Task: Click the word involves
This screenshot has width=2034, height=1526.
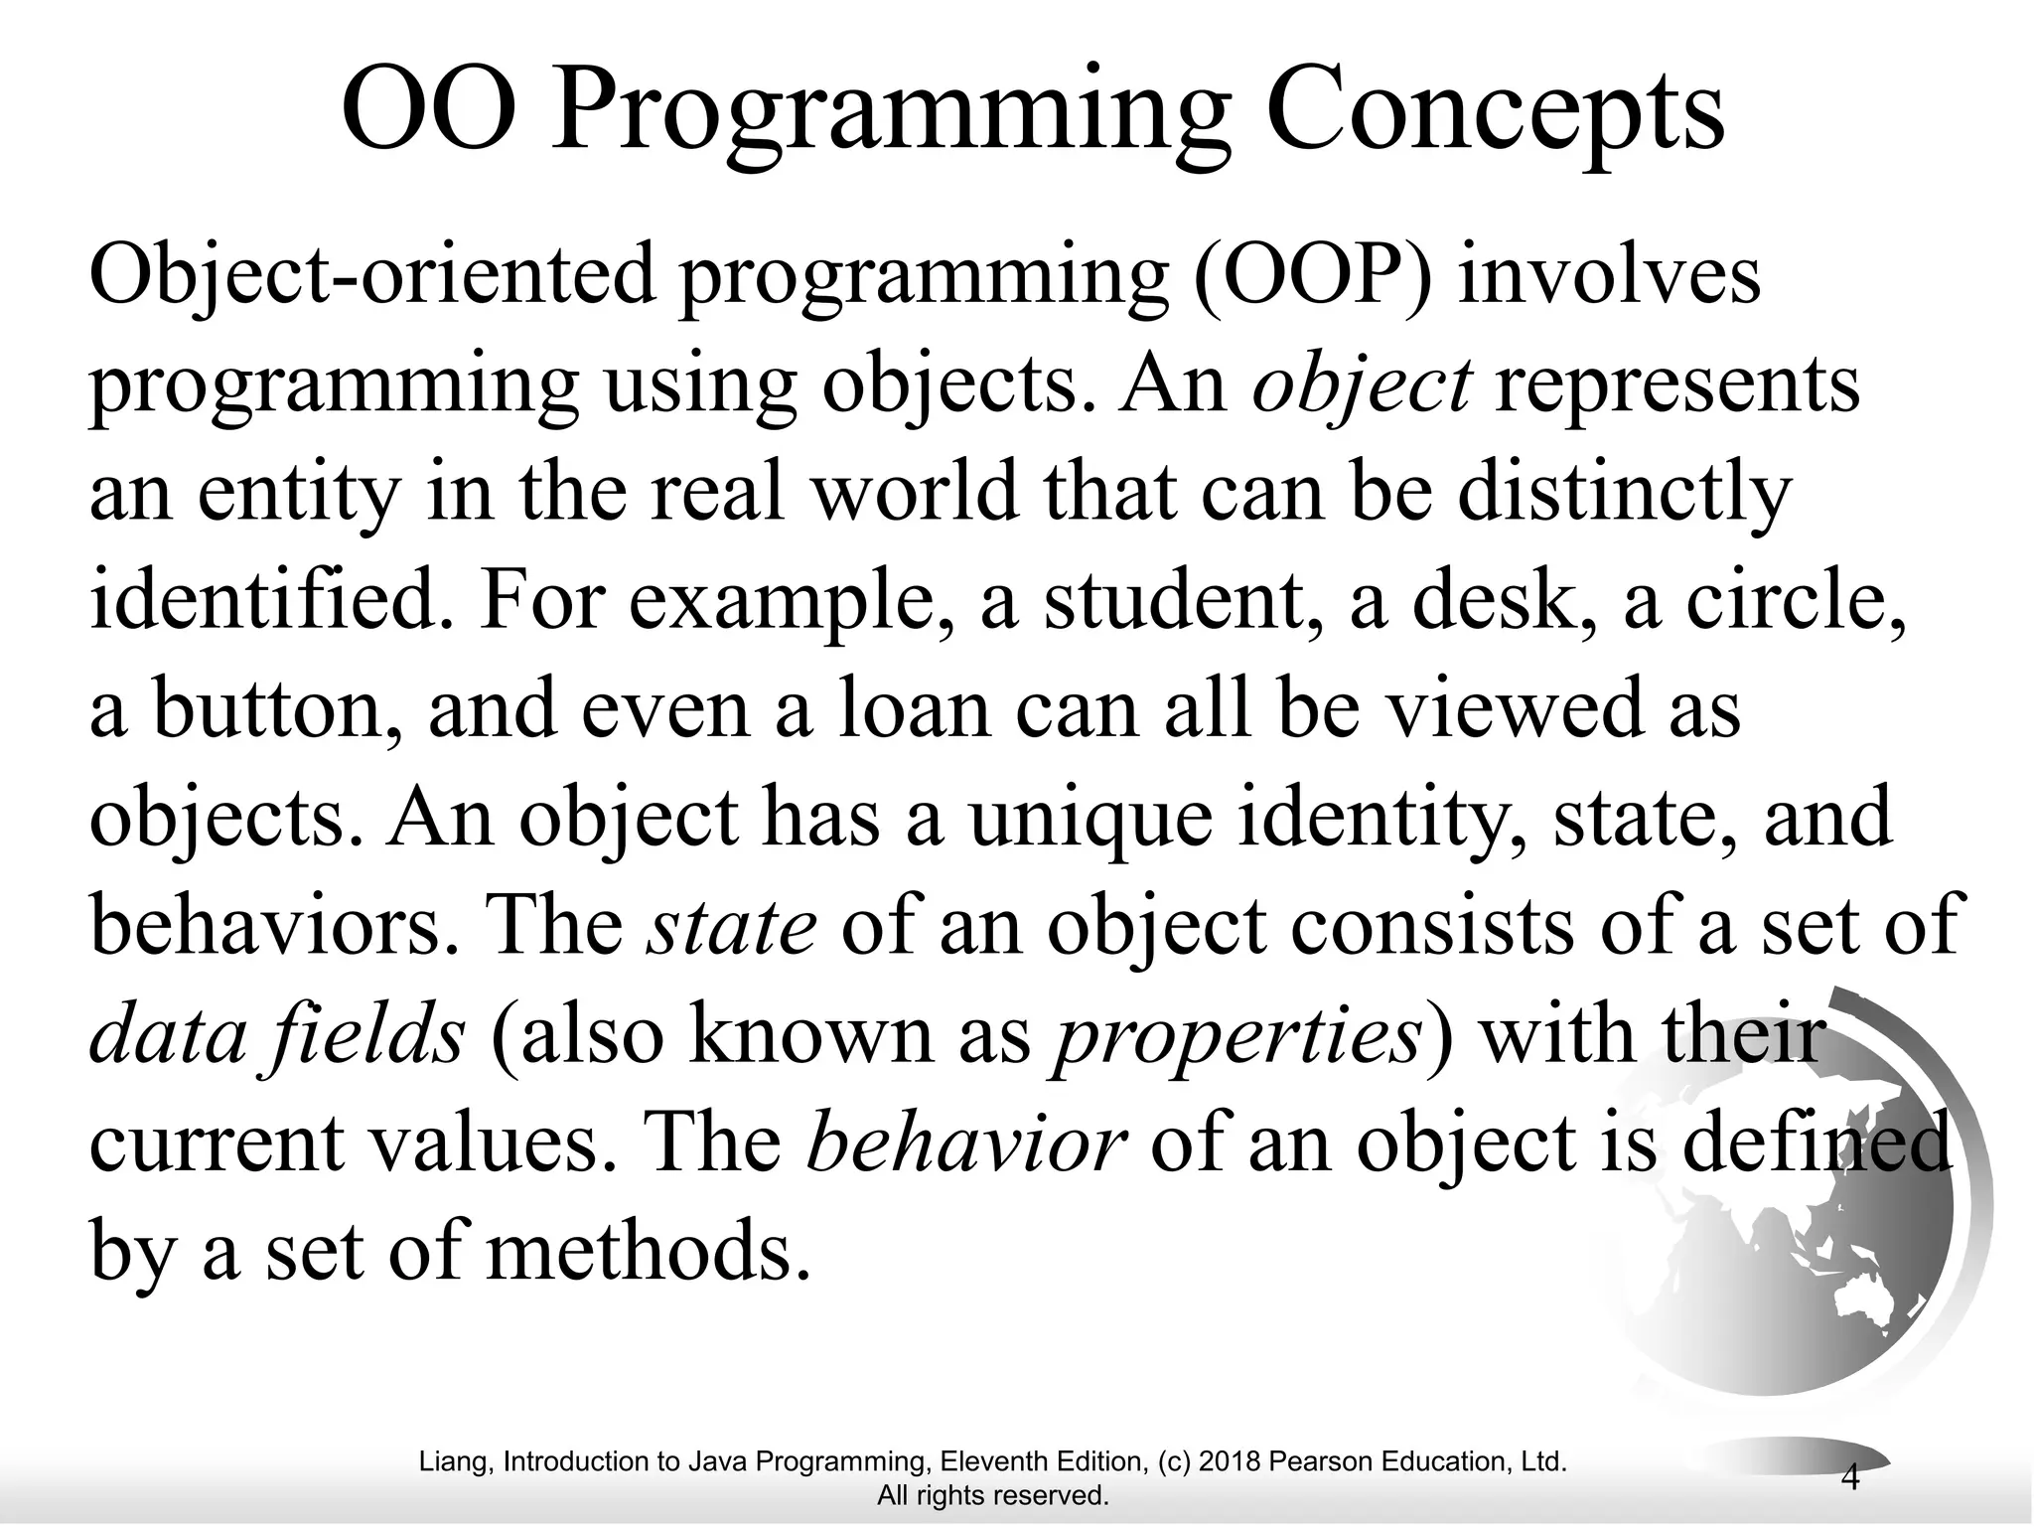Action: pos(1609,274)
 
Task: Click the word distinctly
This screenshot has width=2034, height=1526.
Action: pos(1624,493)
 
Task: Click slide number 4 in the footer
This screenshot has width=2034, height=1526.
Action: pos(1849,1477)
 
